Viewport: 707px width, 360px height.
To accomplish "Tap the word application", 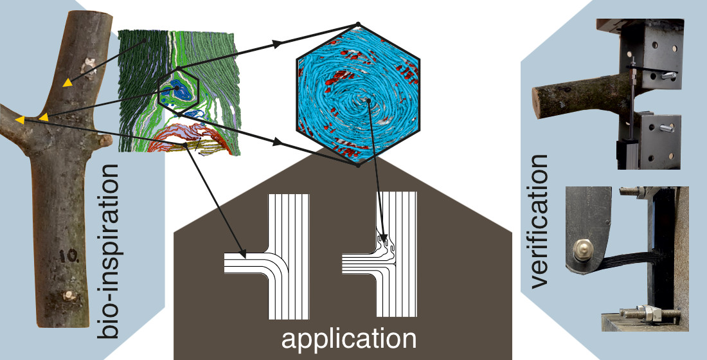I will coord(347,339).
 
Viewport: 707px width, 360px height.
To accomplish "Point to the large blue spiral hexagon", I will coord(357,95).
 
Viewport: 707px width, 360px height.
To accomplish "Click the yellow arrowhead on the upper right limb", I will coord(67,82).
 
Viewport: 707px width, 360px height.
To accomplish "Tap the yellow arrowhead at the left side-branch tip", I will coord(21,120).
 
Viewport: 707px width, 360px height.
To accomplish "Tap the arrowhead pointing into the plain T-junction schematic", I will coord(240,250).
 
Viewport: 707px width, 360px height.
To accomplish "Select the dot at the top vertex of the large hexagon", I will coord(357,25).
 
